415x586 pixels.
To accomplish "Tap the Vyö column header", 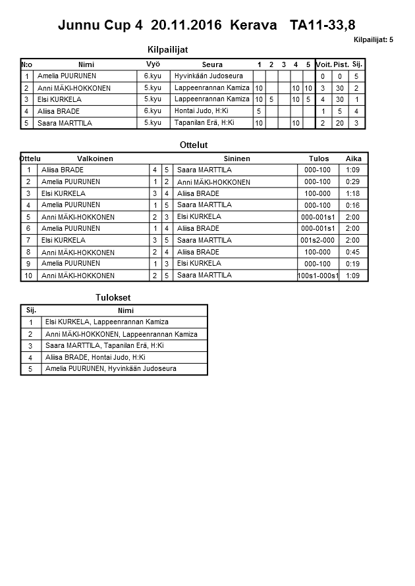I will click(153, 64).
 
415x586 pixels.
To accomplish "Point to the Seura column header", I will click(212, 64).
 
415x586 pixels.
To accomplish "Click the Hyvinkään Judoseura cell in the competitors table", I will click(209, 76).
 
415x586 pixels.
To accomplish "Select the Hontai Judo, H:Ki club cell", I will click(202, 111).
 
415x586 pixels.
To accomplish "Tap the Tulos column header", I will click(319, 159).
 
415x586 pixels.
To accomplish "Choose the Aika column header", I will click(354, 159).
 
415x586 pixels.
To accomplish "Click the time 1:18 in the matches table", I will click(353, 193).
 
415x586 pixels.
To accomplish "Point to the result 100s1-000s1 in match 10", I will click(318, 276).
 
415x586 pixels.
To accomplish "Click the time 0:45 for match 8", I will click(353, 252).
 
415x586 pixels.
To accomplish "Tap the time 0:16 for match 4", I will click(353, 205).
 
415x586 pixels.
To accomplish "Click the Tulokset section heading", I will click(113, 298).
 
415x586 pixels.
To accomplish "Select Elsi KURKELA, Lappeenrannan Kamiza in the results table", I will click(107, 322).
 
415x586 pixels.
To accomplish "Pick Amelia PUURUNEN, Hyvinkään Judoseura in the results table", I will click(111, 369).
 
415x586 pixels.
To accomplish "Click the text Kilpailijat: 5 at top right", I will click(373, 40).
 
